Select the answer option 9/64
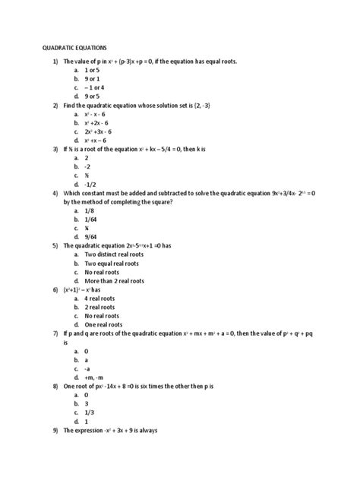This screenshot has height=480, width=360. click(92, 235)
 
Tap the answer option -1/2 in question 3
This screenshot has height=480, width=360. click(91, 184)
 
